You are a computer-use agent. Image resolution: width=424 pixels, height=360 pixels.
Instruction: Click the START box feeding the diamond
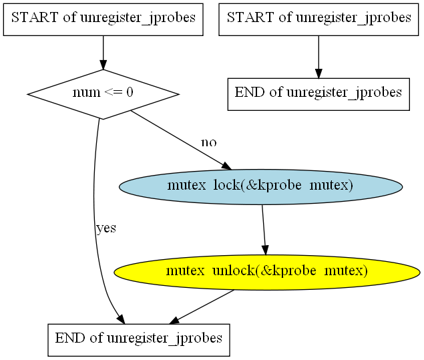tap(103, 18)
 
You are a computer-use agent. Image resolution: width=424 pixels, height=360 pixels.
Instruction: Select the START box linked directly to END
tap(319, 18)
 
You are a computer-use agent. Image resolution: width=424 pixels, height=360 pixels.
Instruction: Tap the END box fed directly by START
tap(319, 93)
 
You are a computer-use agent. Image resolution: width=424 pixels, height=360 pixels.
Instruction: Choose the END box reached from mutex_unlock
tap(139, 339)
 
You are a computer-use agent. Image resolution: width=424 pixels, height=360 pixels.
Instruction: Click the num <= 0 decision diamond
tap(103, 94)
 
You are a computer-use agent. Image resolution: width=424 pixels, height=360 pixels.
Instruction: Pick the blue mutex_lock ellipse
tap(260, 186)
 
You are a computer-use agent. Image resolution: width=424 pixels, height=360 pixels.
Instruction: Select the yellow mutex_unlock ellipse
tap(266, 271)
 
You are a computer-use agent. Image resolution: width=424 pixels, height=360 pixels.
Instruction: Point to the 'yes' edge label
tap(106, 228)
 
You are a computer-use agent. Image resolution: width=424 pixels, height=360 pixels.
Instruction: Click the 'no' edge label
tap(209, 142)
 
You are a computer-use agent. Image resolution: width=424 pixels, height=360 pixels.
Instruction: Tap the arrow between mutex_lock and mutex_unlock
tap(264, 228)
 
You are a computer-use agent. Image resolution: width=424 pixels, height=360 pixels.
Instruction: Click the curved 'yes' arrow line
tap(95, 200)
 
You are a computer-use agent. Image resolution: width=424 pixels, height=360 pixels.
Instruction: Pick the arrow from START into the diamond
tap(103, 52)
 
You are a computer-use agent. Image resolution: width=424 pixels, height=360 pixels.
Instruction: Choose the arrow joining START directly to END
tap(319, 56)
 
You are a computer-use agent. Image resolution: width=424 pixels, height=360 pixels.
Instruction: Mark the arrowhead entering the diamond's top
tap(103, 65)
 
